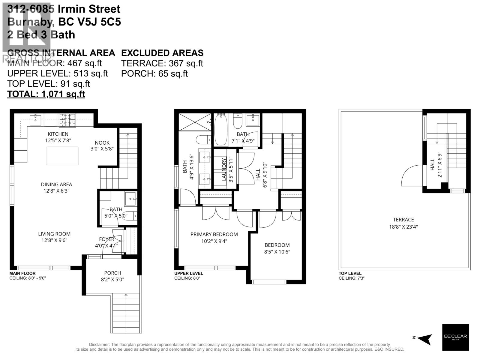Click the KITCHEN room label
58,134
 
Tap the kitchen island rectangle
62,156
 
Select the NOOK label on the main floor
102,143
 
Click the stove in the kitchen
67,120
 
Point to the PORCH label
112,273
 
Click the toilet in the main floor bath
130,216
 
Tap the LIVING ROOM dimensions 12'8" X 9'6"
54,240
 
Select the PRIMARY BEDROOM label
214,234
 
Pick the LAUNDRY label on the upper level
224,169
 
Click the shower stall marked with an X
195,122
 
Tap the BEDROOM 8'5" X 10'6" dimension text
277,252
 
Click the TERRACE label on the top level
403,220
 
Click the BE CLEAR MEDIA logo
455,337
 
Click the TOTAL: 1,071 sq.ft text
46,94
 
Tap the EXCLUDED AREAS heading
162,53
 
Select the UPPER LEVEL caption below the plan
188,273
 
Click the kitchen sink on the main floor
35,120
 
